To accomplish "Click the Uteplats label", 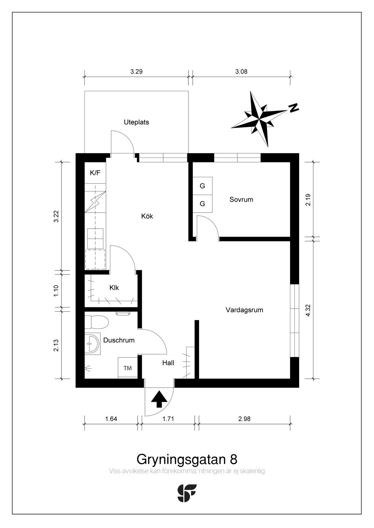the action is coord(136,122).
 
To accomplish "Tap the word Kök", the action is coord(147,216).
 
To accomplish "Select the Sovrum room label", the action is coord(241,199).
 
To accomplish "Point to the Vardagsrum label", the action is coord(244,310).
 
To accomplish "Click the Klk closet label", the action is coord(114,288).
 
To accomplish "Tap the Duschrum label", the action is coord(119,340).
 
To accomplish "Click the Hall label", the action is coord(168,362).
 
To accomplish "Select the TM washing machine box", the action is coord(127,368).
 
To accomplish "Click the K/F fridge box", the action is coord(95,173).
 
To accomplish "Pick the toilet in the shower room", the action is coord(96,322).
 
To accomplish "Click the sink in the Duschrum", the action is coord(92,343).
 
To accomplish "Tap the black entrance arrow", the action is coord(159,399).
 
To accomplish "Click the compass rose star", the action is coord(259,119).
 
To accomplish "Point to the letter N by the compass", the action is coord(293,108).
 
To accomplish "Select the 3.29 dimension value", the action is coord(137,71).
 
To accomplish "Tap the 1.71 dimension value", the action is coord(168,419).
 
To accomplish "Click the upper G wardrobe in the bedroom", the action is coord(202,186).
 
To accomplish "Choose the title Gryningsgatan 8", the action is coord(187,459).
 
